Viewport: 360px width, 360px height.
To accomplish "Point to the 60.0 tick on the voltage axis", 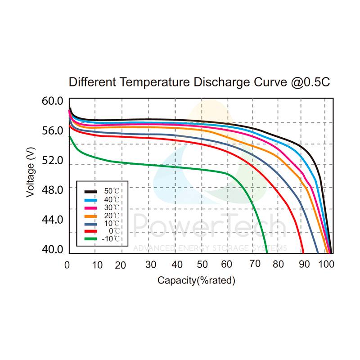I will (53, 101).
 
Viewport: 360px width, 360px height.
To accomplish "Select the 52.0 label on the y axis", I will (53, 160).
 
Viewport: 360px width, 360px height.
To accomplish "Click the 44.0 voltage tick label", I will (53, 220).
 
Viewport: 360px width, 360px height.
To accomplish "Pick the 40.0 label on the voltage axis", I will (53, 249).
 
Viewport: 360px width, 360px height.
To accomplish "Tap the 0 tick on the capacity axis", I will (67, 265).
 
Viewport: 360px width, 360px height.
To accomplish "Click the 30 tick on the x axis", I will (150, 265).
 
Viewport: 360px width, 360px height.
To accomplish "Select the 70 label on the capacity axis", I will (255, 265).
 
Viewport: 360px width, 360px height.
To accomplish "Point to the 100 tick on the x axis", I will (326, 265).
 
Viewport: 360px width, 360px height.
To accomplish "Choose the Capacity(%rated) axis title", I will (196, 280).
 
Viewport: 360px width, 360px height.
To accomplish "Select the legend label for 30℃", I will (112, 207).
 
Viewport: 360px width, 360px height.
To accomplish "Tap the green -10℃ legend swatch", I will (92, 238).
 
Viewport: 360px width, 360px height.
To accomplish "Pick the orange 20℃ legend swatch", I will (92, 215).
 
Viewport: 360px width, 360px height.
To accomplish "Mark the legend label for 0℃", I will (114, 231).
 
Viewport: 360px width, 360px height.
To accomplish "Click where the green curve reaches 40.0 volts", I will (267, 252).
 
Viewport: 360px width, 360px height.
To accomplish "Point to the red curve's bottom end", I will (303, 252).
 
